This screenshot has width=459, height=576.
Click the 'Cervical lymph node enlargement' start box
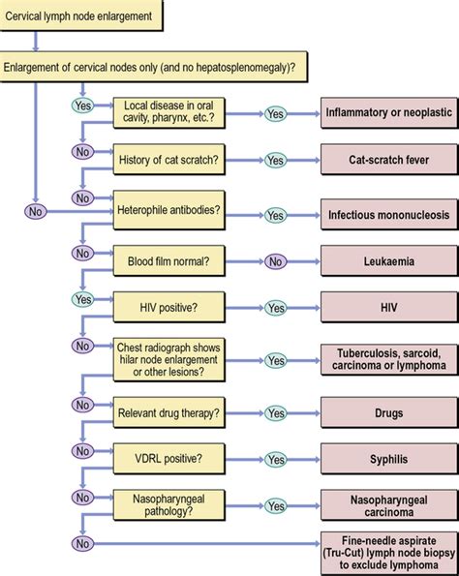coord(82,15)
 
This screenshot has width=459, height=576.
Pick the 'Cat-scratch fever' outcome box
coord(388,160)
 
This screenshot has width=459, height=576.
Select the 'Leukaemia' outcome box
coord(388,261)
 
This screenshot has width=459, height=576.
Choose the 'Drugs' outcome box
coord(388,413)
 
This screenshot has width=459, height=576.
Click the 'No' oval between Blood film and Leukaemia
coord(276,261)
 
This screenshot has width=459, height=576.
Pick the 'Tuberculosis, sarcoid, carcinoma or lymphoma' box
coord(388,360)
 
